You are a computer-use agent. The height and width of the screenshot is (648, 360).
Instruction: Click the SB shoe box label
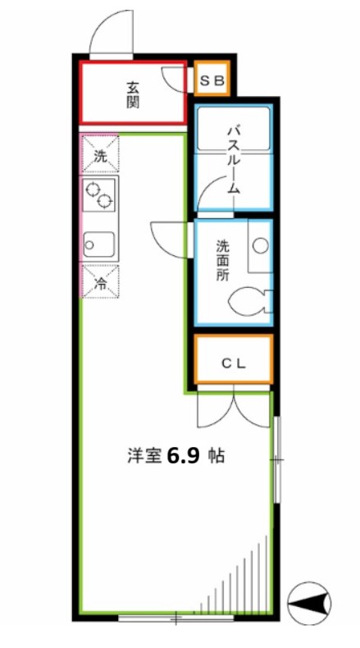(x=214, y=80)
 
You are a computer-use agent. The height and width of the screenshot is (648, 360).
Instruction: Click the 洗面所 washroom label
(x=223, y=260)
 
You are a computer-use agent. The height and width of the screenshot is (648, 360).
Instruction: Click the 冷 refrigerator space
(x=100, y=285)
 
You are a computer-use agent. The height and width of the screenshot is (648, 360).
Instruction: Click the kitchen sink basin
(x=98, y=244)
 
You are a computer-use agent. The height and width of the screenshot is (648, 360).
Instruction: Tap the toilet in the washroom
(x=248, y=301)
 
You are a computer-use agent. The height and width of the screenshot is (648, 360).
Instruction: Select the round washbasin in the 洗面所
(x=261, y=245)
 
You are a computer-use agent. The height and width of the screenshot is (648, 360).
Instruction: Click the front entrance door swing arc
(x=109, y=33)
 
